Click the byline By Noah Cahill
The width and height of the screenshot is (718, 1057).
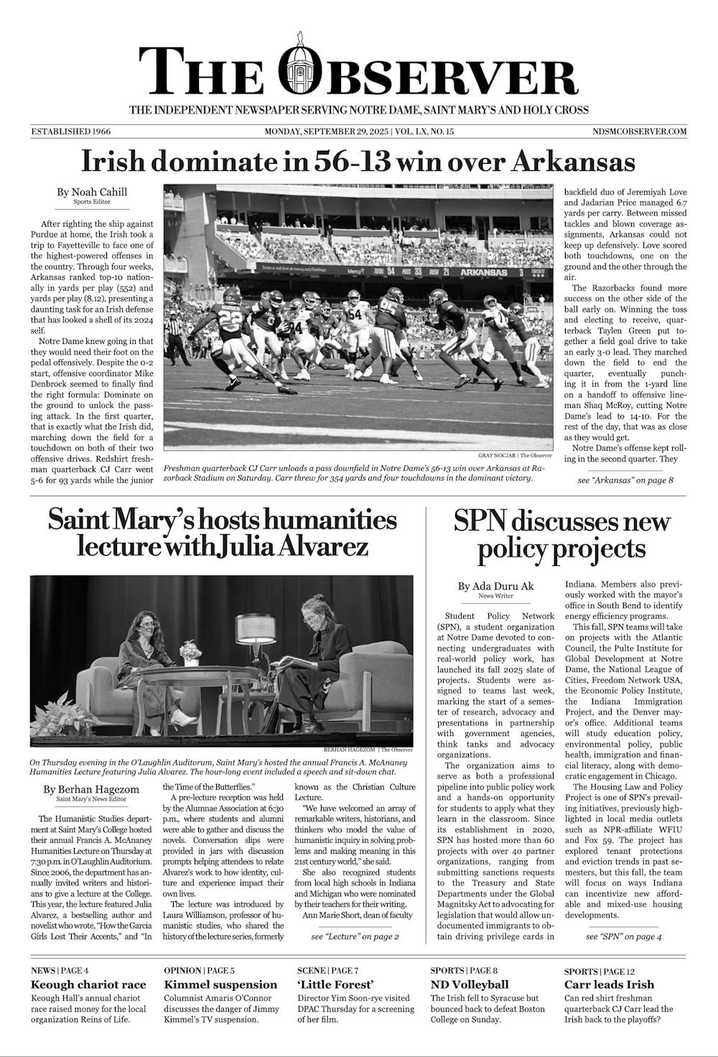(92, 192)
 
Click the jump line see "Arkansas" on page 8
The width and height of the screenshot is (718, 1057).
(625, 480)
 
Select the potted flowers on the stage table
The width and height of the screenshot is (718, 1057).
(189, 651)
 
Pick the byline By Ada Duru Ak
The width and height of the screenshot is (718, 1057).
(496, 586)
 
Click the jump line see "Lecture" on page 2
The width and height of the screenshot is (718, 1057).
(355, 936)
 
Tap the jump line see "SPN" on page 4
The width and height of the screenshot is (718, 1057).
(624, 936)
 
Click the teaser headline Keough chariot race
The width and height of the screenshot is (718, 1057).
(88, 984)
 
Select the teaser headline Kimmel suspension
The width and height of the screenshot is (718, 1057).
(220, 984)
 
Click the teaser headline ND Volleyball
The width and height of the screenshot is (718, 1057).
(470, 984)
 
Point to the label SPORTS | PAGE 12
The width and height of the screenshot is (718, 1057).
(600, 971)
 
